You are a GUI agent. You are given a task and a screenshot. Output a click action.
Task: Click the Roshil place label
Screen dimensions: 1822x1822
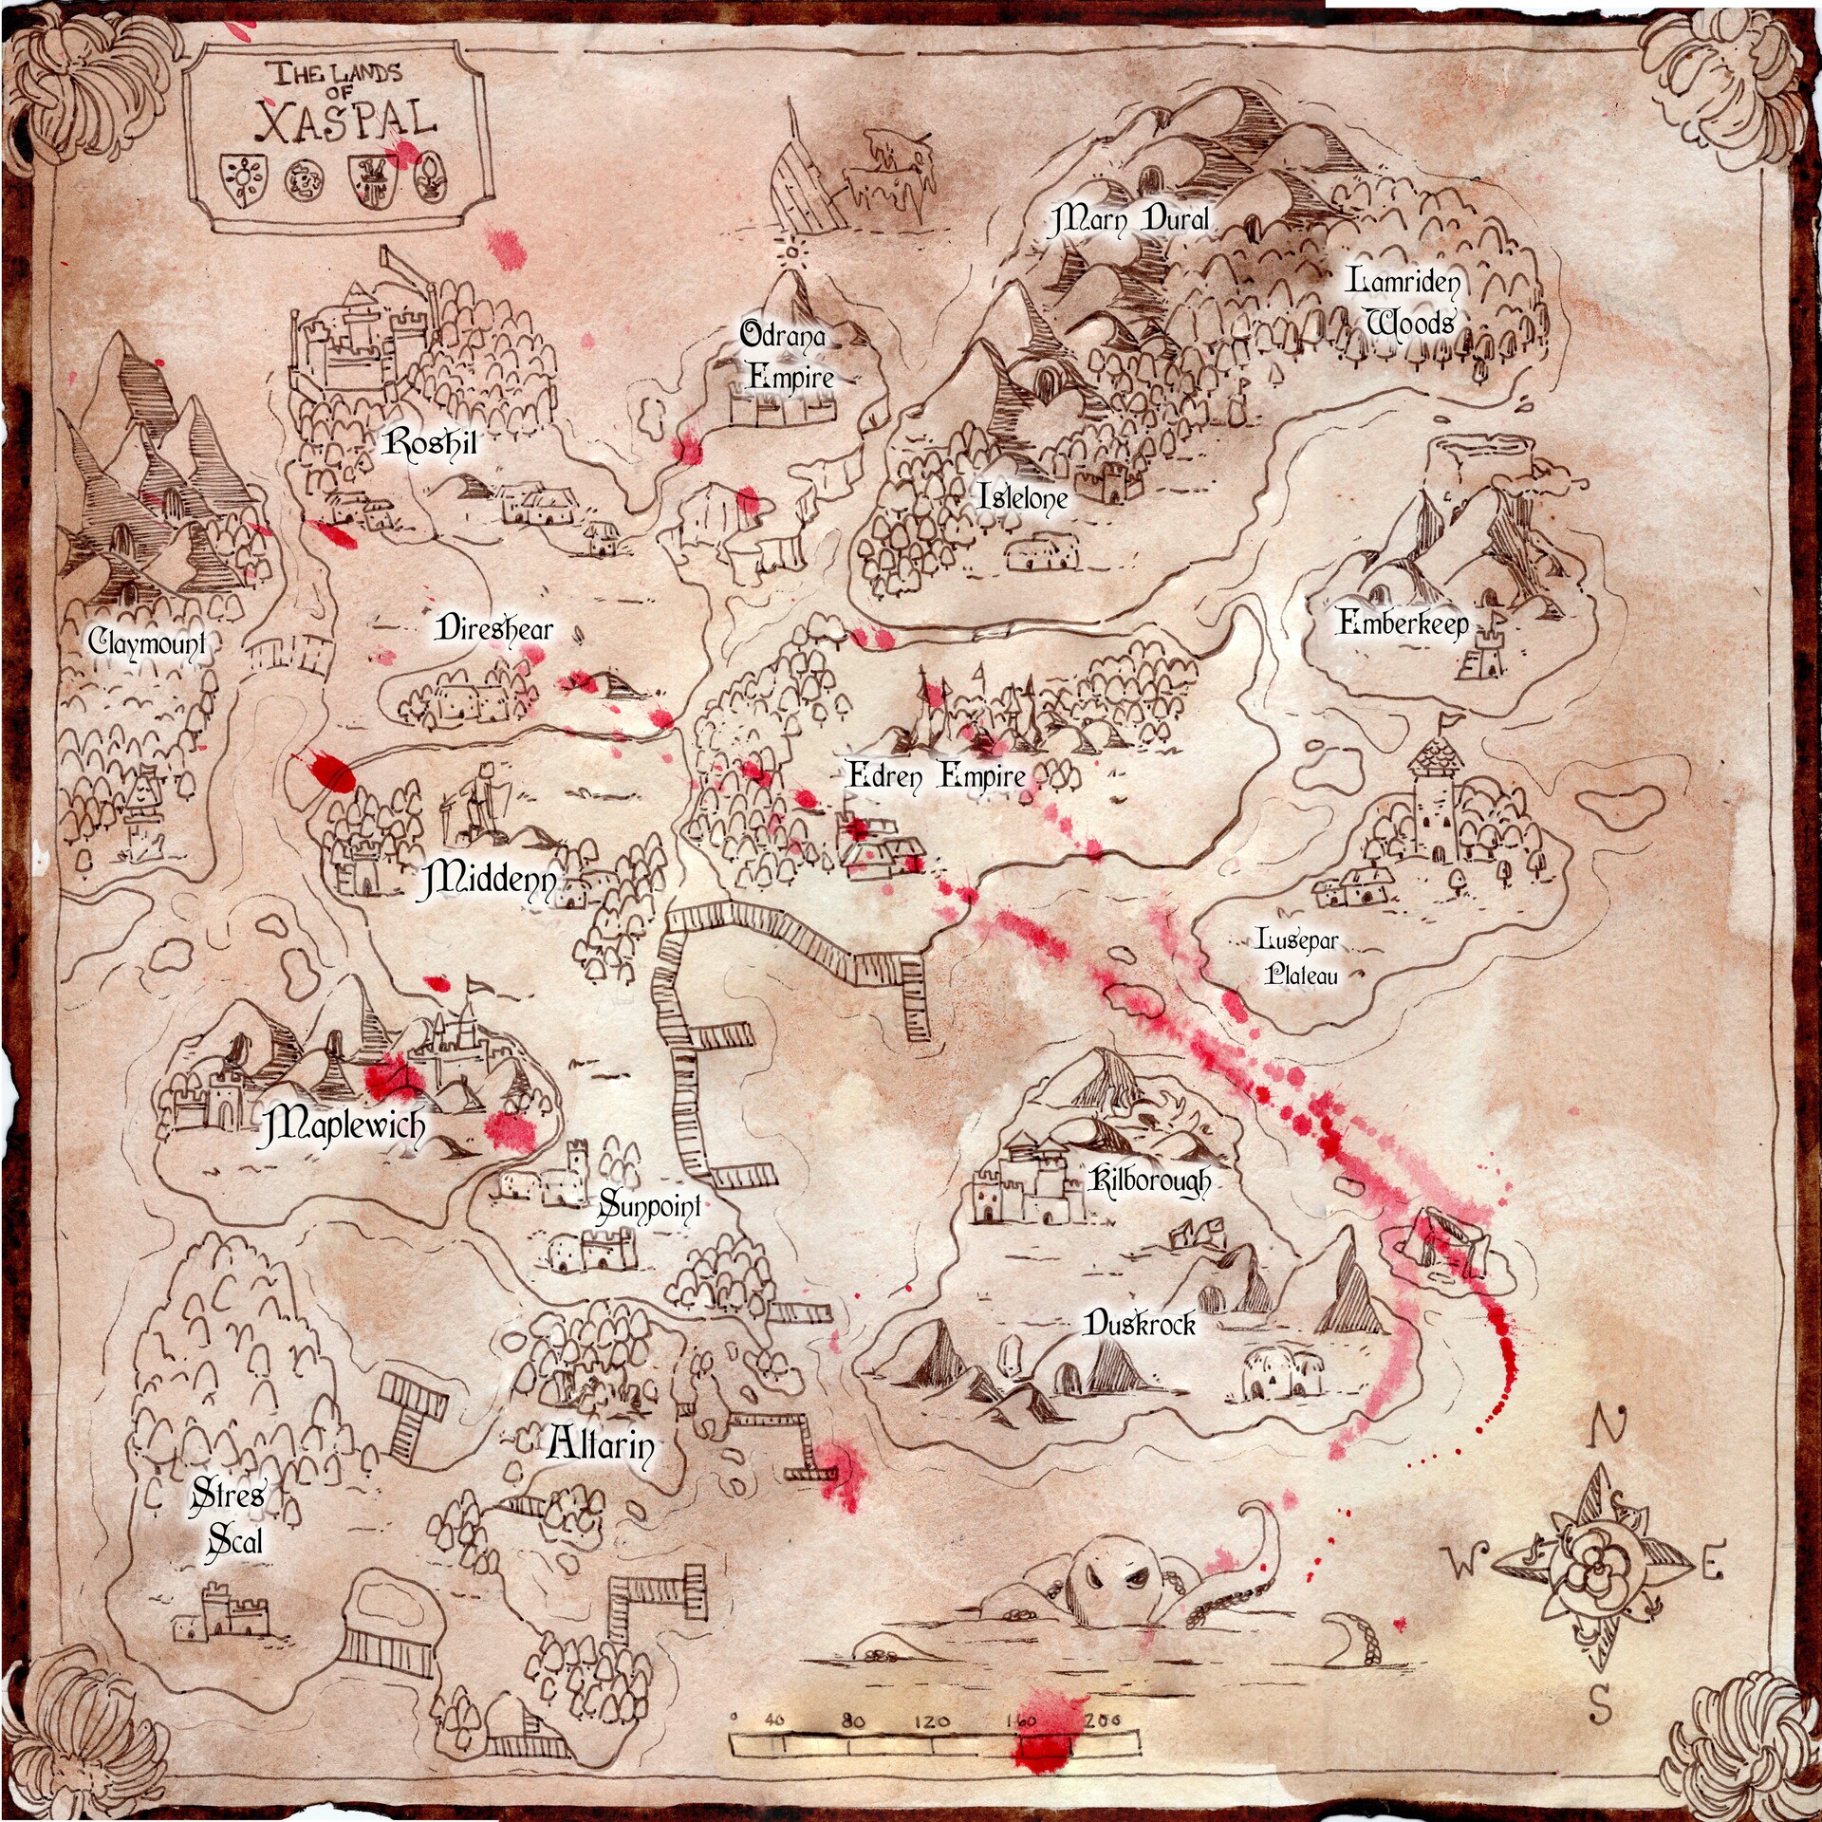[429, 443]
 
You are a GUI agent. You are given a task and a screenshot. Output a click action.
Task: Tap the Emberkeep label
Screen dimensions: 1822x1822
[1402, 623]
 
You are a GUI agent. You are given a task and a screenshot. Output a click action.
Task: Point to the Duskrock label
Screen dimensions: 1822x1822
[1140, 1324]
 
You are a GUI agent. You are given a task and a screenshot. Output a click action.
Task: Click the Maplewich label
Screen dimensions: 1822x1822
[343, 1126]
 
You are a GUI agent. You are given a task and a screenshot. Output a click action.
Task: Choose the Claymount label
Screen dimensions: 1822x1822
[147, 642]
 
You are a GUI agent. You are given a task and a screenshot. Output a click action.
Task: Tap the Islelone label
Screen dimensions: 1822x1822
[1023, 496]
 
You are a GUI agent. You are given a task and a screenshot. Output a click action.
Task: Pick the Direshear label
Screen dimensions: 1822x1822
[493, 629]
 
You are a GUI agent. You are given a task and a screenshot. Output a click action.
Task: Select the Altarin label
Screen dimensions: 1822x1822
[601, 1445]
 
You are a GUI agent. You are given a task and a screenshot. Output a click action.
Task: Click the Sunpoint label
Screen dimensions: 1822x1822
[650, 1206]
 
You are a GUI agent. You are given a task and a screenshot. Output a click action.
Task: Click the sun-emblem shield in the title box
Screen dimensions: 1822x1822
[244, 178]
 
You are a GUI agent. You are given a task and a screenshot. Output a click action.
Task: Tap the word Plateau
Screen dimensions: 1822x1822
[1301, 975]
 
